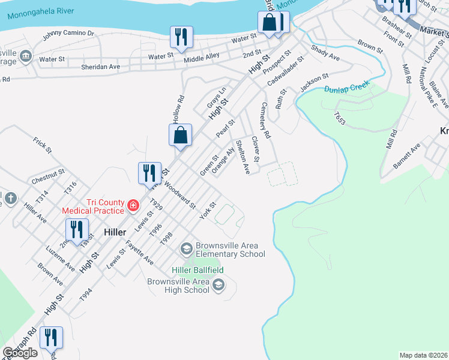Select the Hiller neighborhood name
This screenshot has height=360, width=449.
pyautogui.click(x=114, y=232)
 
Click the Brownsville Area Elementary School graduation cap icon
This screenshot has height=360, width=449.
pyautogui.click(x=186, y=248)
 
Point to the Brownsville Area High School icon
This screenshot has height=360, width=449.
pyautogui.click(x=218, y=284)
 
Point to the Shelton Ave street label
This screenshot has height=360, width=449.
pyautogui.click(x=243, y=157)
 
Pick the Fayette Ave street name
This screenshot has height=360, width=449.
pyautogui.click(x=139, y=253)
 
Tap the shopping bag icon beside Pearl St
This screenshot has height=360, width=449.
pyautogui.click(x=181, y=136)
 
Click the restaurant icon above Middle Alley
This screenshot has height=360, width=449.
pyautogui.click(x=181, y=37)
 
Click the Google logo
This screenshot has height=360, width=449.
pyautogui.click(x=20, y=353)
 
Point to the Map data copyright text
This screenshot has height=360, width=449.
pyautogui.click(x=424, y=355)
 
